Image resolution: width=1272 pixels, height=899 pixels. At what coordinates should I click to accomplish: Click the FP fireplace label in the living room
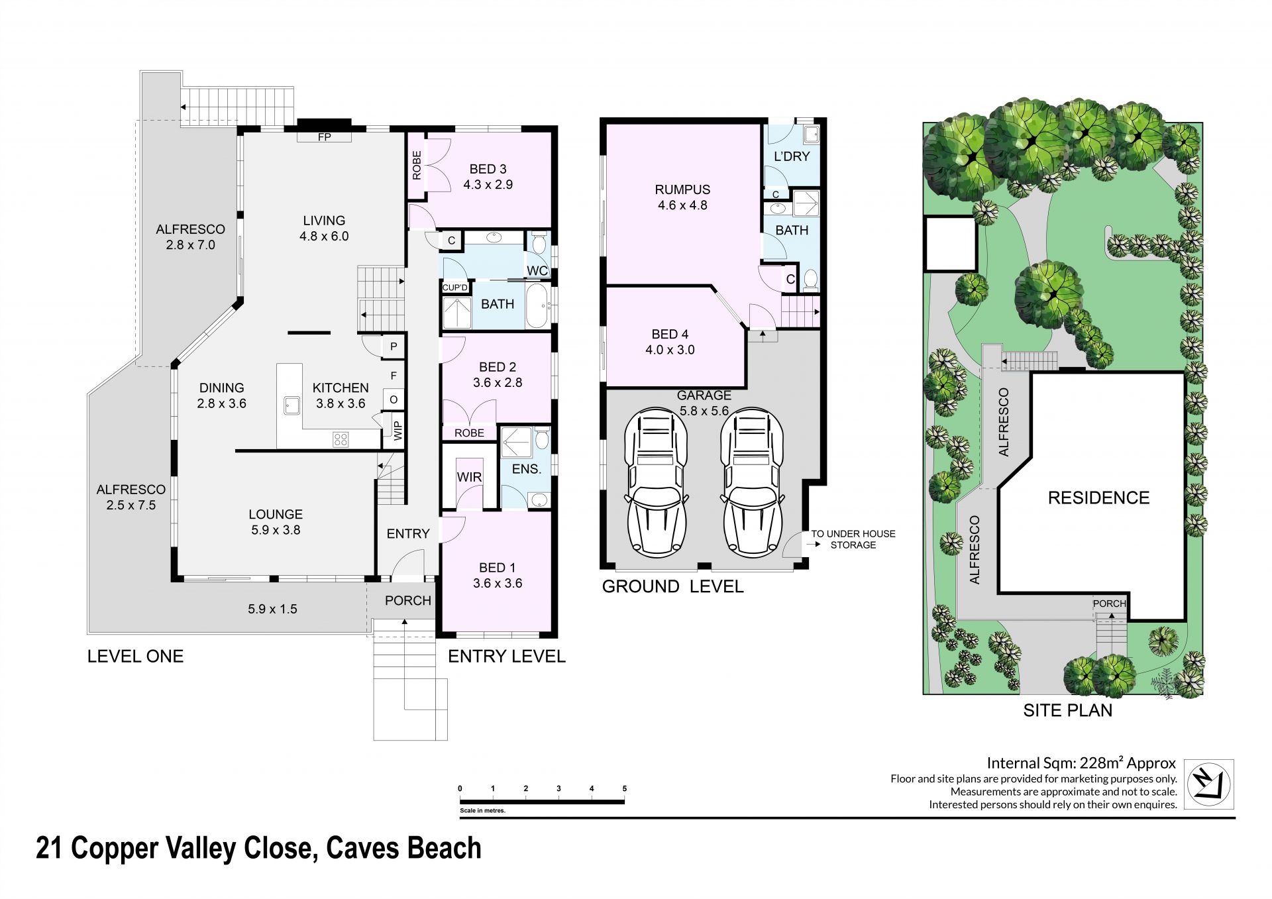325,137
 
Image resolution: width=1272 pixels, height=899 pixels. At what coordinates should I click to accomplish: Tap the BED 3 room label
488,169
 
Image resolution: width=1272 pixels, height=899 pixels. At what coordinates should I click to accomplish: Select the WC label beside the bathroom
537,271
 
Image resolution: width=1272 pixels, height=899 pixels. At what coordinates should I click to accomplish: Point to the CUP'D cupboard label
455,288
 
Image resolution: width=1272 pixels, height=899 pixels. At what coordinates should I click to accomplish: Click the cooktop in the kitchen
341,439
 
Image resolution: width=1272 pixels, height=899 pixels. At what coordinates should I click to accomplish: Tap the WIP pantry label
398,431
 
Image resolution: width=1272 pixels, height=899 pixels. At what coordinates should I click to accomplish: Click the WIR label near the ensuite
469,477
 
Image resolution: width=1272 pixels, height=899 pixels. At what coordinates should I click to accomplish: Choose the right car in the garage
753,481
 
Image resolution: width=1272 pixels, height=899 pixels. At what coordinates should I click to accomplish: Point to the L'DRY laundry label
792,156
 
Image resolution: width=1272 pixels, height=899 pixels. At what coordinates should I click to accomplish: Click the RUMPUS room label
682,189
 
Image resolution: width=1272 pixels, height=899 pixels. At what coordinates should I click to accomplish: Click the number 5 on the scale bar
625,788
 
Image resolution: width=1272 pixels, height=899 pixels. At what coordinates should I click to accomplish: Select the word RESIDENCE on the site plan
1098,498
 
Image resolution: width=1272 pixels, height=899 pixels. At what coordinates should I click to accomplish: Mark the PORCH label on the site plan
1109,604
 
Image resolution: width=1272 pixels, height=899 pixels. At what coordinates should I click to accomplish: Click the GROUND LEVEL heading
672,586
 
